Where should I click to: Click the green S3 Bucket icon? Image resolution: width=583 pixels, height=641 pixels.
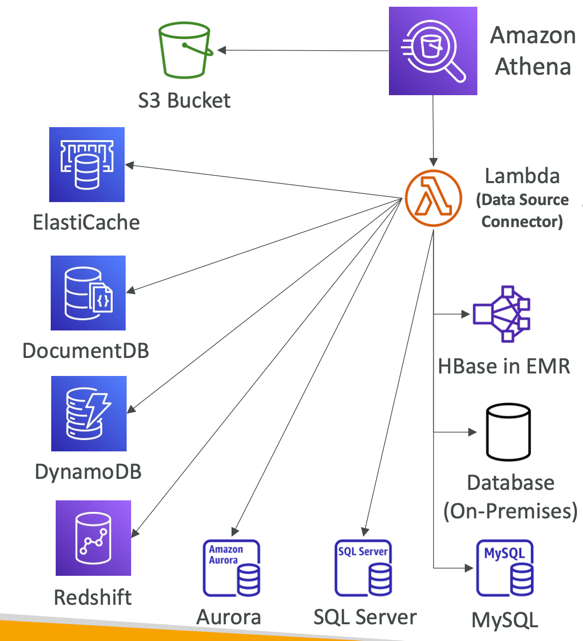185,50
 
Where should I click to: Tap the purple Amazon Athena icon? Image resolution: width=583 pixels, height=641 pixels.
433,51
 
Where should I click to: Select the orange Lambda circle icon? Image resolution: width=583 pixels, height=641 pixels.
433,198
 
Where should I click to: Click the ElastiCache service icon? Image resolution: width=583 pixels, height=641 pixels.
87,164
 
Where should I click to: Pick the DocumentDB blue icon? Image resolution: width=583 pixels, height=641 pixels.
88,293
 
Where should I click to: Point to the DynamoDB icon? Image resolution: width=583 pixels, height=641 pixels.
89,413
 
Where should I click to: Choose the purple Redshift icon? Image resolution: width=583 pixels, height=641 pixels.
93,538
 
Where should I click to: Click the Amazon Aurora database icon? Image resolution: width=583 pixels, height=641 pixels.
231,568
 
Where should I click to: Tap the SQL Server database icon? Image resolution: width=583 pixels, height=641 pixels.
363,568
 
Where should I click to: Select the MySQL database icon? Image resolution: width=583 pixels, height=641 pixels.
505,568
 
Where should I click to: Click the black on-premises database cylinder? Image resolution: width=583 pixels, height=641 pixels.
508,432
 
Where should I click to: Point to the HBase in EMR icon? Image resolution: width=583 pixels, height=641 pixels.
502,314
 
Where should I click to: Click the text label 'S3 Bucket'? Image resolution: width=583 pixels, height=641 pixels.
184,101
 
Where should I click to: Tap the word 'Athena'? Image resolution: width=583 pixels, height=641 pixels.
533,66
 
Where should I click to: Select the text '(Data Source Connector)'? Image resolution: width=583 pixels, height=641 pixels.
522,211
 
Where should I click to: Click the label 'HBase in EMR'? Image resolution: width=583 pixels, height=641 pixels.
504,366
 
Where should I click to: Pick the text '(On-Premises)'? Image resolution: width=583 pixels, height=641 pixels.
511,511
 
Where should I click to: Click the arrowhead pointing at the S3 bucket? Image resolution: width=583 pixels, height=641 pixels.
222,50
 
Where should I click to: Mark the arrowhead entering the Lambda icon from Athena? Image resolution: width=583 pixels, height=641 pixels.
433,161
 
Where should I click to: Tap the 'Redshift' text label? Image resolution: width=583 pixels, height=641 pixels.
93,597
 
